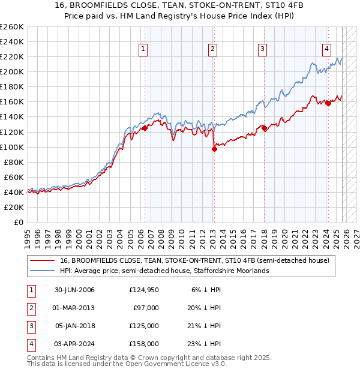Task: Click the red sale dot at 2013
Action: coord(214,149)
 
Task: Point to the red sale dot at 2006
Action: coord(145,128)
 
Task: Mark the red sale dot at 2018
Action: coord(264,128)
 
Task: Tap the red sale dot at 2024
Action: coord(328,103)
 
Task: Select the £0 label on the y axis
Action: coord(18,222)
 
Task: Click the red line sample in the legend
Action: coord(43,261)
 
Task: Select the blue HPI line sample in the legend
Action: coord(43,271)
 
